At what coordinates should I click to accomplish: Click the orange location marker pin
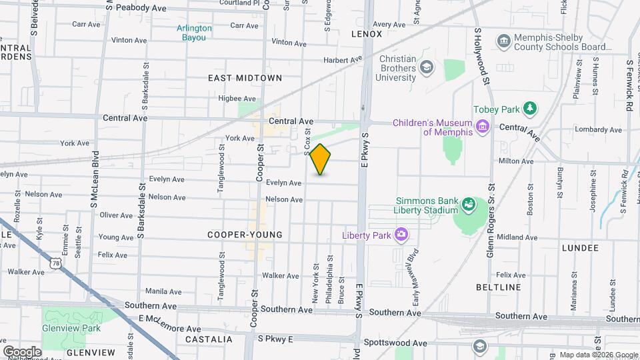click(x=320, y=159)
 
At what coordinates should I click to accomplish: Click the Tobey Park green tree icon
click(x=530, y=108)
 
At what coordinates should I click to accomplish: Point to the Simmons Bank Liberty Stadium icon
click(x=468, y=205)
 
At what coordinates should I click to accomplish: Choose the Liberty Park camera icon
click(x=401, y=234)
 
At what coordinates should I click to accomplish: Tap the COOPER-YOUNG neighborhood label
click(x=245, y=235)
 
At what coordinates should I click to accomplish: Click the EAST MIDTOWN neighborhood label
click(x=245, y=78)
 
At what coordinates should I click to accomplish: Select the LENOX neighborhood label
click(x=367, y=33)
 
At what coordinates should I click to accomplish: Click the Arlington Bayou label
click(x=194, y=33)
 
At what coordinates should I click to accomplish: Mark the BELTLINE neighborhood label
click(x=499, y=287)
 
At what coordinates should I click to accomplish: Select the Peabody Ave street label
click(x=140, y=7)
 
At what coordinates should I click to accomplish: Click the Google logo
click(x=22, y=351)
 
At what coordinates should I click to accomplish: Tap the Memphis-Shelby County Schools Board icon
click(x=504, y=42)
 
